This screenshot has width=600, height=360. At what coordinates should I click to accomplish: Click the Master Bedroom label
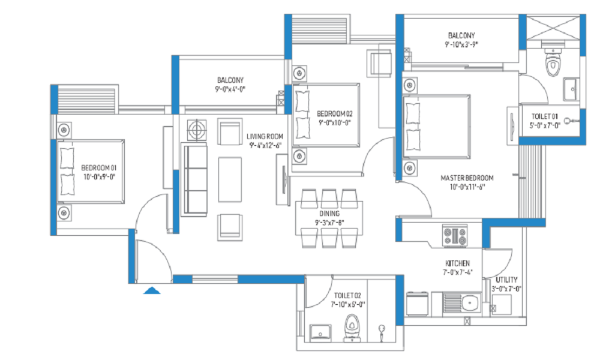(467, 178)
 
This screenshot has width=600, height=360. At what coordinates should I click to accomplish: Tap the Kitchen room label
(457, 263)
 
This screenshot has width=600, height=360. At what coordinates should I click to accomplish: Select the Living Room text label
(265, 137)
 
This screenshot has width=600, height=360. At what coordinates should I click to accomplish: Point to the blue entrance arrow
(152, 290)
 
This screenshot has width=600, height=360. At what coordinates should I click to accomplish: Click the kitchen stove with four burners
(455, 236)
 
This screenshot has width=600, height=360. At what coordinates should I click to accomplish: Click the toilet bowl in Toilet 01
(553, 62)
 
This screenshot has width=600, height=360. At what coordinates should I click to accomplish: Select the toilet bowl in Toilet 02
(352, 328)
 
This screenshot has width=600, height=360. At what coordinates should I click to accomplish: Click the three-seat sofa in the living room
(194, 179)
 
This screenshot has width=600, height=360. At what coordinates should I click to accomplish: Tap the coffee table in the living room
(230, 179)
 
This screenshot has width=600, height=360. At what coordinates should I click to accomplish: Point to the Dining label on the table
(329, 214)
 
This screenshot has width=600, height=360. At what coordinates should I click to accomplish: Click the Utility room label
(506, 280)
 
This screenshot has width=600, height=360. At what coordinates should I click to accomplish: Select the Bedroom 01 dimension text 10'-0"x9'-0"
(100, 177)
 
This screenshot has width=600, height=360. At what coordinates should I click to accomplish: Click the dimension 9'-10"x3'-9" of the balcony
(461, 44)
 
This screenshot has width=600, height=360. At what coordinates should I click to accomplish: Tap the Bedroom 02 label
(335, 113)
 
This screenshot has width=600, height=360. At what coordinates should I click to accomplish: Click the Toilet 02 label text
(347, 295)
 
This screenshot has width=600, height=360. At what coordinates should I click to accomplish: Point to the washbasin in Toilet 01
(571, 89)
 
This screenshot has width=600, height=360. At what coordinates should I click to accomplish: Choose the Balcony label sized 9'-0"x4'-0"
(230, 80)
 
